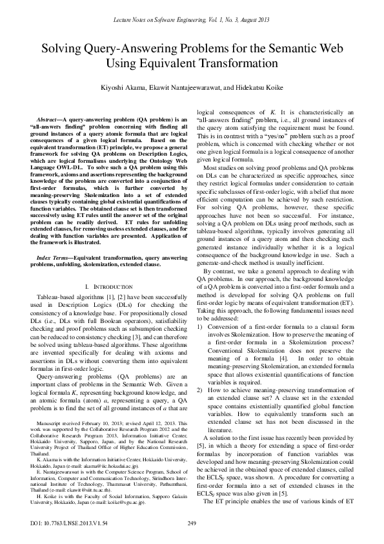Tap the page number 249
click(x=191, y=522)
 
